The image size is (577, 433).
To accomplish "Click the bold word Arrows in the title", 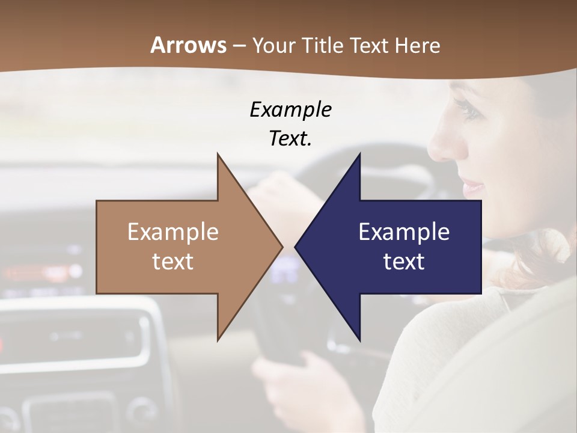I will point(188,46).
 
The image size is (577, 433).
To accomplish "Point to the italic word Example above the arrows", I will point(290,110).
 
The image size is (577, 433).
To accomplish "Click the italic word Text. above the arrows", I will point(290,139).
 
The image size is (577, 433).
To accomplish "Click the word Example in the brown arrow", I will point(172,232).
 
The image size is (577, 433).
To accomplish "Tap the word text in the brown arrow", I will point(172,262).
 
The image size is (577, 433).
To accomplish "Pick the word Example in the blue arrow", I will point(404,232).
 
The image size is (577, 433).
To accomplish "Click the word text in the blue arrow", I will point(404,262).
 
